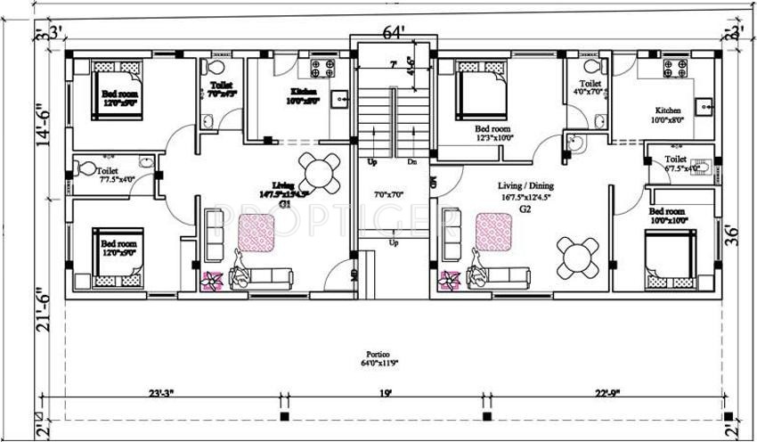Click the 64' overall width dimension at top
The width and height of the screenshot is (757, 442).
[x=393, y=33]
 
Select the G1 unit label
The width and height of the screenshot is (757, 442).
[x=286, y=203]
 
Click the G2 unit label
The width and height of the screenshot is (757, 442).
[x=525, y=209]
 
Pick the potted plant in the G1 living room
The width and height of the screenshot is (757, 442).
[x=213, y=281]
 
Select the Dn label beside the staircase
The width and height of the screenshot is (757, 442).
[x=411, y=162]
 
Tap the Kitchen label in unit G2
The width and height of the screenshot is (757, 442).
[x=669, y=110]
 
